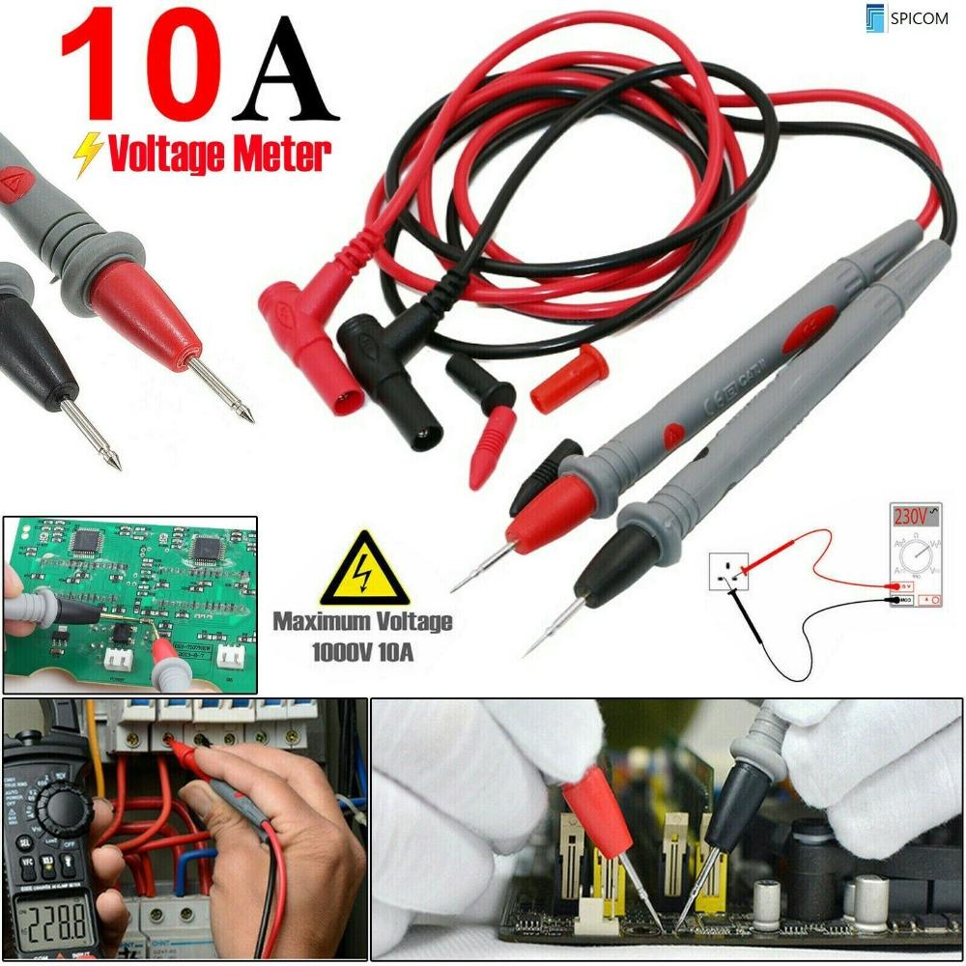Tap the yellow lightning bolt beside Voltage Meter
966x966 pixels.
[89, 154]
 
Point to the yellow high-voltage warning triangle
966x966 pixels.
[364, 571]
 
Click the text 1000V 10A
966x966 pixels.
[362, 653]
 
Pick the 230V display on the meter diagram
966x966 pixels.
[909, 518]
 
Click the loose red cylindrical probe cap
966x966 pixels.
[569, 378]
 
